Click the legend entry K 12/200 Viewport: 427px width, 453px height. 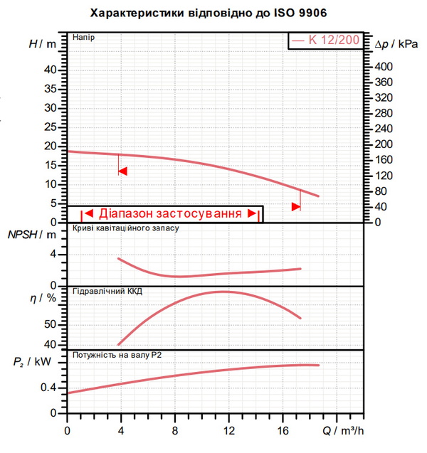pyautogui.click(x=325, y=40)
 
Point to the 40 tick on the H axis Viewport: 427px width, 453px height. pyautogui.click(x=51, y=70)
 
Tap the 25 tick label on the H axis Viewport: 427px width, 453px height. pyautogui.click(x=51, y=127)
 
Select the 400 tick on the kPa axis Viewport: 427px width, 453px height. pyautogui.click(x=384, y=67)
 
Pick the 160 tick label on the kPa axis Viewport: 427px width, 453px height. pyautogui.click(x=384, y=160)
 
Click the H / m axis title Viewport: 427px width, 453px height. pyautogui.click(x=43, y=44)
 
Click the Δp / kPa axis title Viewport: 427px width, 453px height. pyautogui.click(x=396, y=44)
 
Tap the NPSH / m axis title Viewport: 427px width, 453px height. pyautogui.click(x=32, y=235)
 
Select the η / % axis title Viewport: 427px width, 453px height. pyautogui.click(x=43, y=297)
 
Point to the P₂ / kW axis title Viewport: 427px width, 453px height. pyautogui.click(x=32, y=362)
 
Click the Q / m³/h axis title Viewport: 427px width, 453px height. pyautogui.click(x=343, y=431)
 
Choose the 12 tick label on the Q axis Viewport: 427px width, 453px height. pyautogui.click(x=228, y=431)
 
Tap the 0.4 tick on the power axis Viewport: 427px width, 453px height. pyautogui.click(x=48, y=388)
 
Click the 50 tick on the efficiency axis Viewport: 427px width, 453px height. pyautogui.click(x=50, y=324)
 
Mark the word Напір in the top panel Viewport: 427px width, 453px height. pyautogui.click(x=83, y=38)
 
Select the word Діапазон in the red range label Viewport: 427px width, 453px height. pyautogui.click(x=125, y=213)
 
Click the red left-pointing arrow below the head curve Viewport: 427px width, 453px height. pyautogui.click(x=123, y=171)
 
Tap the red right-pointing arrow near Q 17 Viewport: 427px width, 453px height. pyautogui.click(x=296, y=207)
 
